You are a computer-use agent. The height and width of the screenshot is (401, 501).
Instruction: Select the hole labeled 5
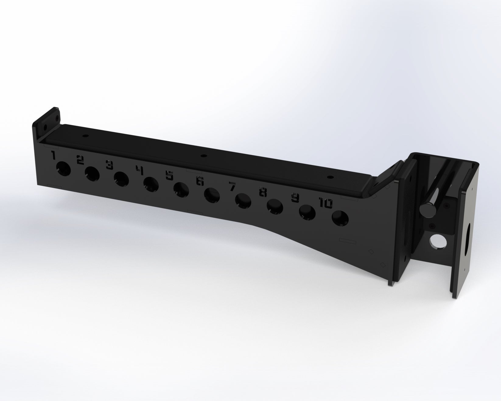(x=181, y=190)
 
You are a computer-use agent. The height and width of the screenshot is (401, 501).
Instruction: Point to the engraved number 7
(x=233, y=186)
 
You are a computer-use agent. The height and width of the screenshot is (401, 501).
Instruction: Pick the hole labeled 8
(x=275, y=207)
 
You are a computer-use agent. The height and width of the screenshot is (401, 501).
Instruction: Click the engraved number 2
(x=80, y=160)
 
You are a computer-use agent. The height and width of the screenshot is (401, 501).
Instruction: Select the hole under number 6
(x=212, y=195)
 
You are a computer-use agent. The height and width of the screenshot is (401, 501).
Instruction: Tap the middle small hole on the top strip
(x=202, y=156)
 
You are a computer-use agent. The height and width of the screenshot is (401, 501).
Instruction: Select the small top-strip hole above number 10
(x=329, y=177)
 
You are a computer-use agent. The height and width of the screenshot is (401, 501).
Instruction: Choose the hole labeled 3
(x=121, y=179)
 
